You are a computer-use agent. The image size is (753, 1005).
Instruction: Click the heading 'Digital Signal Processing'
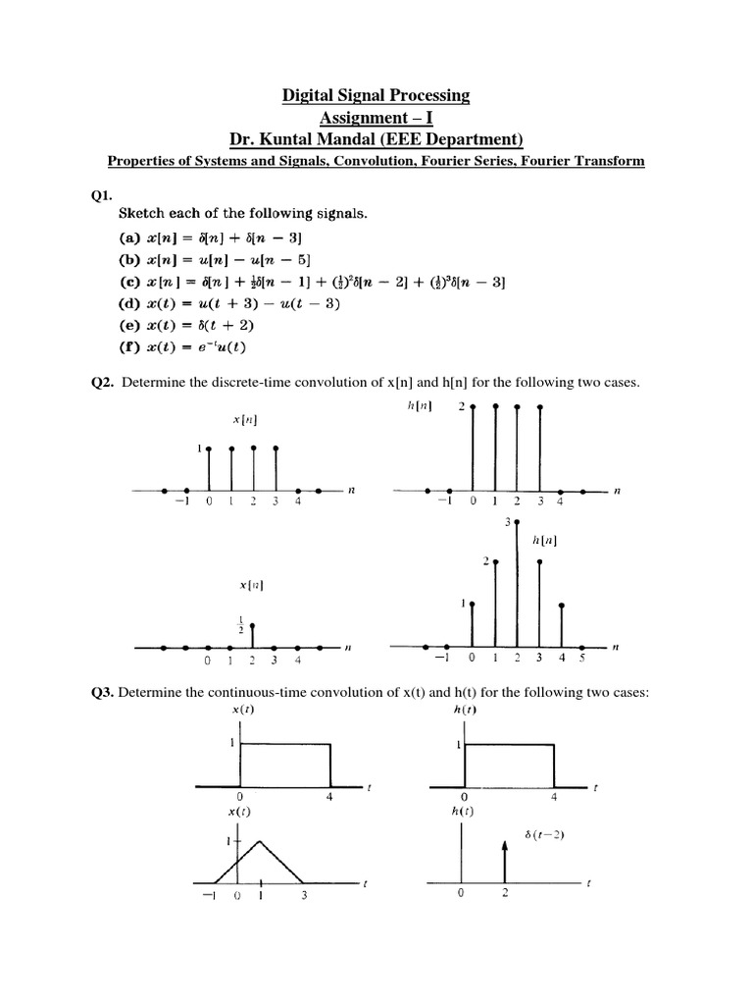(376, 95)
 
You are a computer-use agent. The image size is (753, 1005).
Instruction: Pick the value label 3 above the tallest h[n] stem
(508, 523)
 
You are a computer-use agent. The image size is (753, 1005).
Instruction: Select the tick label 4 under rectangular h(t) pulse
(554, 797)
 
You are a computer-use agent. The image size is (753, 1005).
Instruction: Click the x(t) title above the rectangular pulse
(238, 711)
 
